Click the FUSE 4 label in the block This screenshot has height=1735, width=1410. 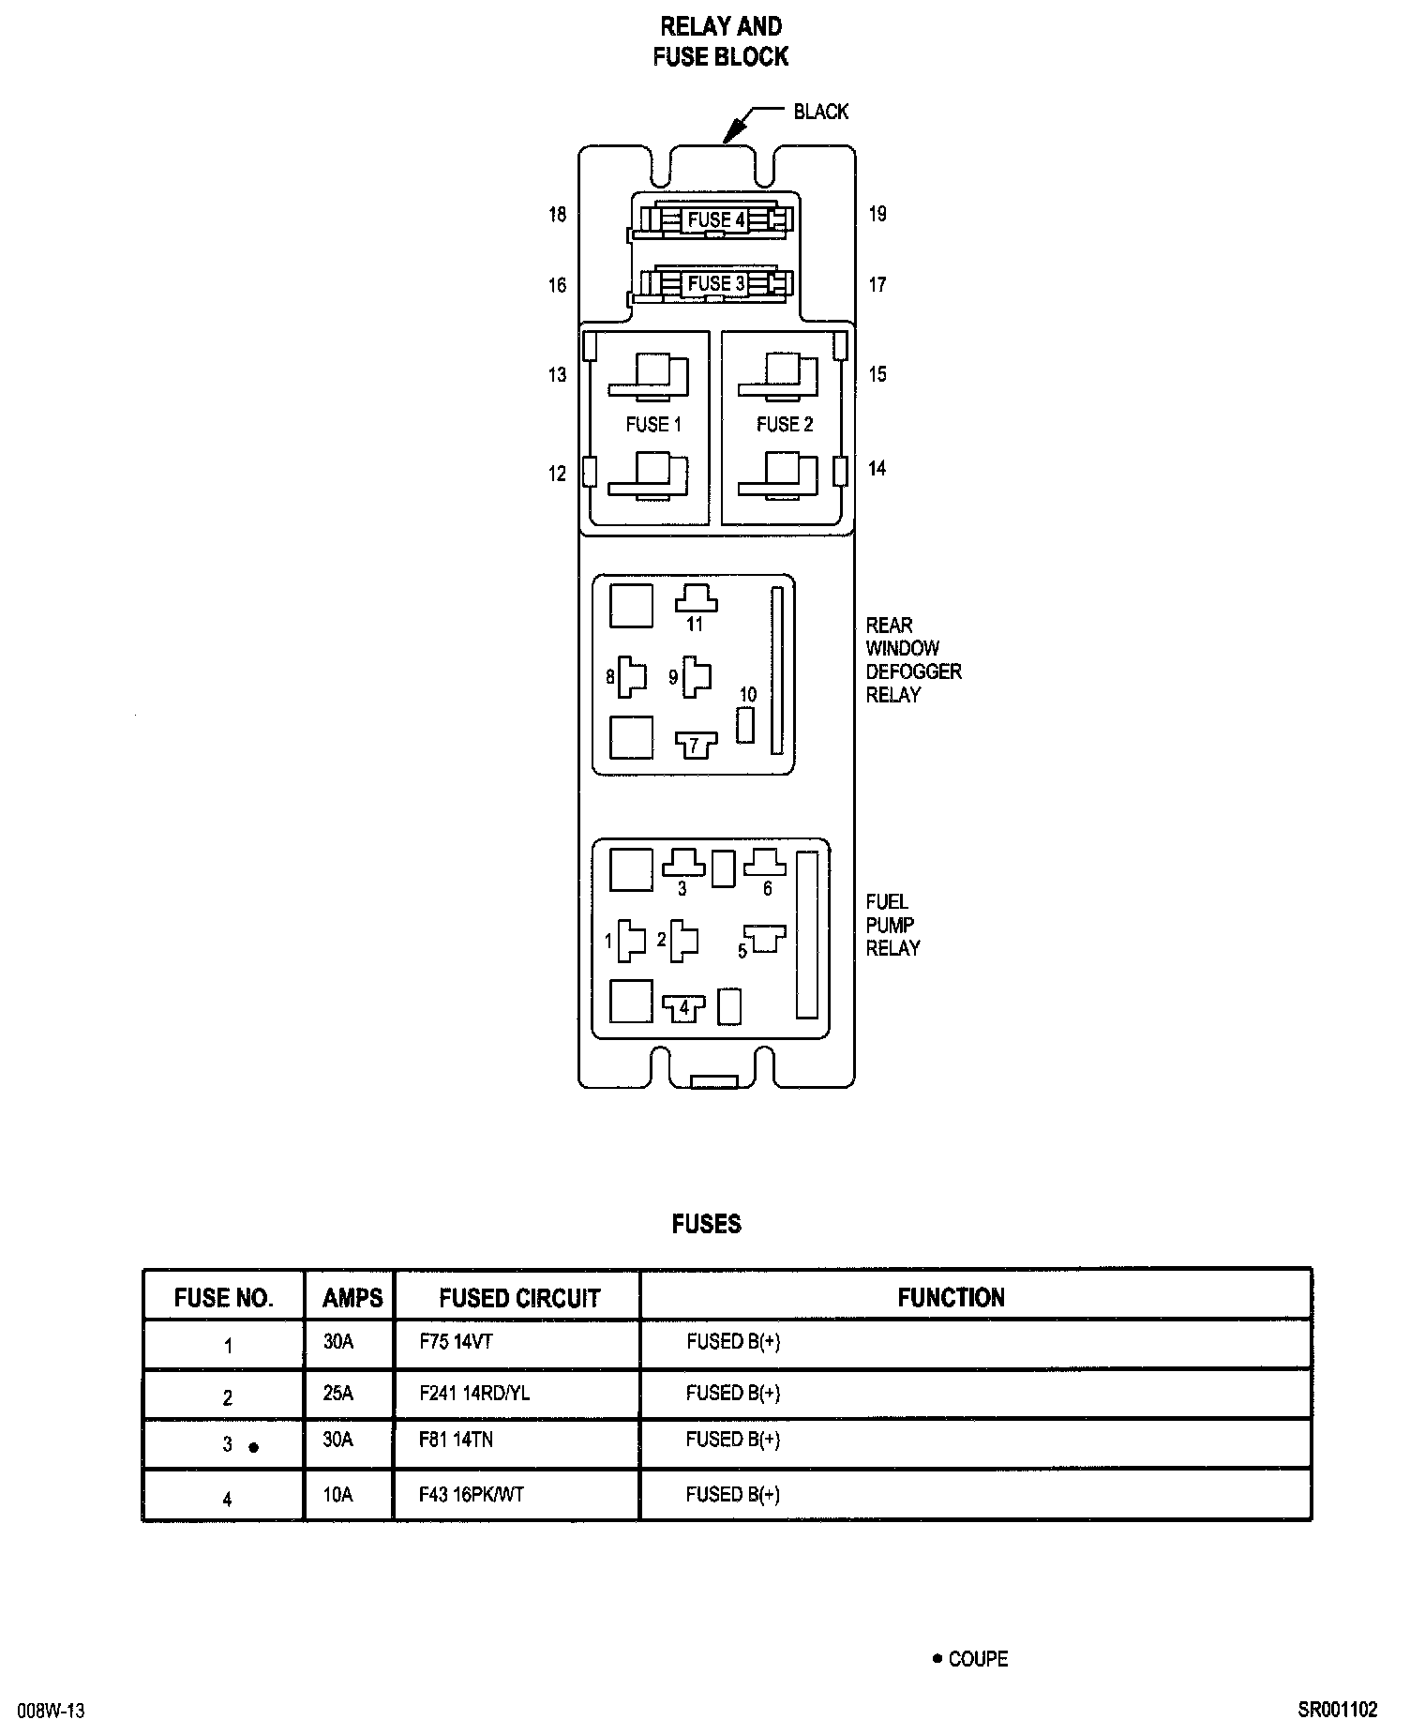(716, 220)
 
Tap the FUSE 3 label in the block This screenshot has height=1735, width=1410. (716, 283)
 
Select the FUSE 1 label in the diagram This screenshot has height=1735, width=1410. (653, 425)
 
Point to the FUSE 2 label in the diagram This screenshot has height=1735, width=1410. (785, 425)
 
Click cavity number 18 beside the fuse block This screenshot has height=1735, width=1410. (558, 215)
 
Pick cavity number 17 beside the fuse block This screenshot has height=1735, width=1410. (877, 284)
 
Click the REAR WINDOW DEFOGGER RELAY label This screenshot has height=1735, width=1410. (913, 660)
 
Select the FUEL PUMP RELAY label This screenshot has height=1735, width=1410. (892, 925)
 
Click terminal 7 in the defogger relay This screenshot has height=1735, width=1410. (696, 747)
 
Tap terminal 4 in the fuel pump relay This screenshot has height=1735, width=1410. (684, 1008)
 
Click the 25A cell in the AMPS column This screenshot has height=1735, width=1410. (338, 1394)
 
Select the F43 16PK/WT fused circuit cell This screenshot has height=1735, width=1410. (472, 1495)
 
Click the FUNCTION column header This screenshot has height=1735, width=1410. (951, 1298)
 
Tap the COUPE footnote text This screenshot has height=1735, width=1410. (977, 1659)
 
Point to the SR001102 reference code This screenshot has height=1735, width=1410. (1338, 1710)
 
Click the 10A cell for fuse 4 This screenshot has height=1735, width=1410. (338, 1495)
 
